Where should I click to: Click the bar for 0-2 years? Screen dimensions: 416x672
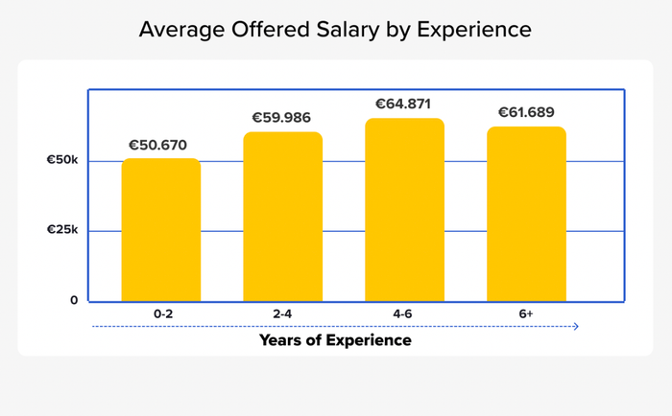[161, 230]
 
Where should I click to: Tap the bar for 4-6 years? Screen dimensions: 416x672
[404, 210]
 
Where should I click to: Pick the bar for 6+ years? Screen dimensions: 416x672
[526, 214]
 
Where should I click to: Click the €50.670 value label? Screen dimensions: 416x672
[161, 145]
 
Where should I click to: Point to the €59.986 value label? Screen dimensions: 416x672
[282, 118]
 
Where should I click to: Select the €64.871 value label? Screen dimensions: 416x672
[404, 104]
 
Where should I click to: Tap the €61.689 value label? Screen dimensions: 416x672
[526, 112]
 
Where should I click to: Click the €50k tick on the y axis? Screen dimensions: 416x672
[62, 160]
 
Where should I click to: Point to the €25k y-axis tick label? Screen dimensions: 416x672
[62, 230]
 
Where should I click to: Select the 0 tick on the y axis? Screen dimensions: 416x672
[74, 300]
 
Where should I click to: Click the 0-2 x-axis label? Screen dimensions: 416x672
[161, 313]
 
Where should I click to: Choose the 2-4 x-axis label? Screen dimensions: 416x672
[282, 313]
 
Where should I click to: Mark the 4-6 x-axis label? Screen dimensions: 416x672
[404, 313]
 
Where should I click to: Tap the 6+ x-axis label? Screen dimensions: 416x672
[526, 313]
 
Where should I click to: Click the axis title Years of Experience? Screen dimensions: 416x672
[335, 340]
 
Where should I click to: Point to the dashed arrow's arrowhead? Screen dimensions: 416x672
[576, 327]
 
